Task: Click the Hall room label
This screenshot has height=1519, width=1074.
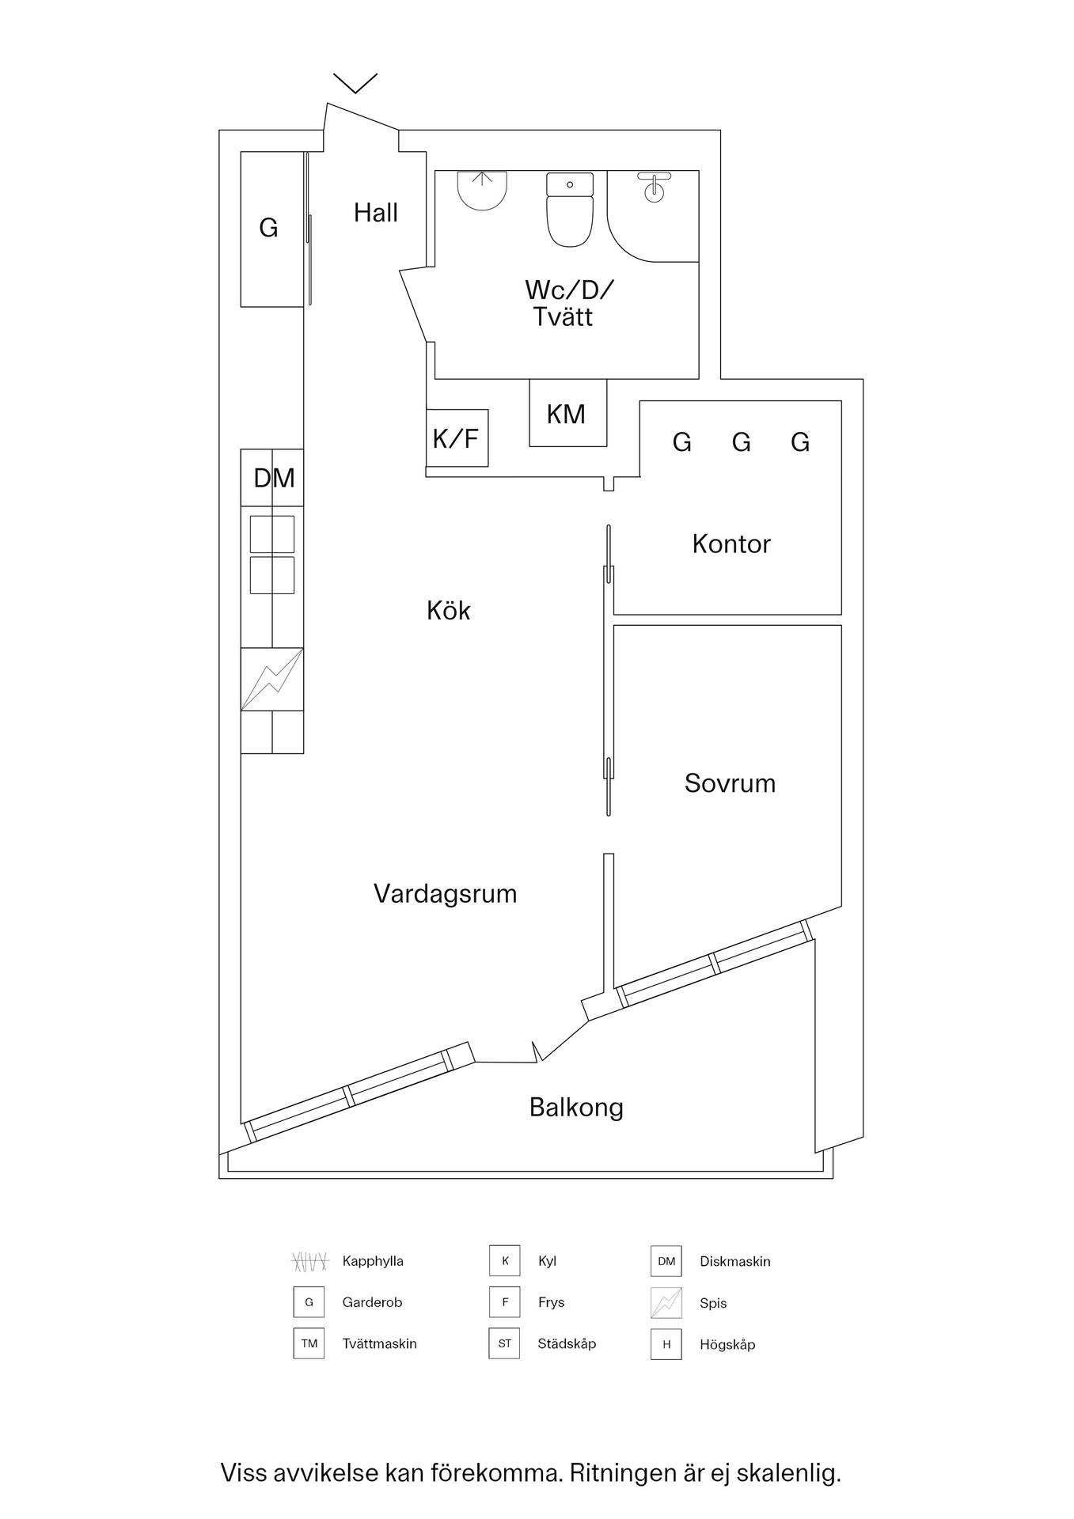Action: (376, 213)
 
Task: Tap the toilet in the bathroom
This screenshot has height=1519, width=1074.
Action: (570, 210)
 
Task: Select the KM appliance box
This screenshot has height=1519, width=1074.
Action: (568, 413)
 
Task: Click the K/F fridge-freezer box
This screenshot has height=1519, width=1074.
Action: (457, 438)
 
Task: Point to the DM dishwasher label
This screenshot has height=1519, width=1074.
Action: (274, 478)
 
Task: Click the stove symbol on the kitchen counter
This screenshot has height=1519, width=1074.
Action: (272, 679)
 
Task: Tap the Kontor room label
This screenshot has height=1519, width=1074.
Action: (731, 544)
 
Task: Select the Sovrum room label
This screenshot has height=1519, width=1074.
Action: (730, 783)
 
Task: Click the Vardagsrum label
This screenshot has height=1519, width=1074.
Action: (445, 894)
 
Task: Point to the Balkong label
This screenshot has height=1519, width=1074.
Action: (576, 1108)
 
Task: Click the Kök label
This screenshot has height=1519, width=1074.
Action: (449, 610)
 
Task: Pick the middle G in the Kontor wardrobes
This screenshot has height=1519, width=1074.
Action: (741, 442)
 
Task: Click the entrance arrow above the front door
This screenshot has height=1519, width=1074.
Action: (355, 83)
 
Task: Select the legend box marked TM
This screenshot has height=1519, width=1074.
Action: (309, 1343)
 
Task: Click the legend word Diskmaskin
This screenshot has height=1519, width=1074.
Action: (734, 1261)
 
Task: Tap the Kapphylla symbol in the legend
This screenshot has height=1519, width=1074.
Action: (309, 1261)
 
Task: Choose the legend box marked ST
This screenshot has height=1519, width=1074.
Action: (504, 1343)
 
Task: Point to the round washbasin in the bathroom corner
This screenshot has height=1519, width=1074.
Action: (654, 188)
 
